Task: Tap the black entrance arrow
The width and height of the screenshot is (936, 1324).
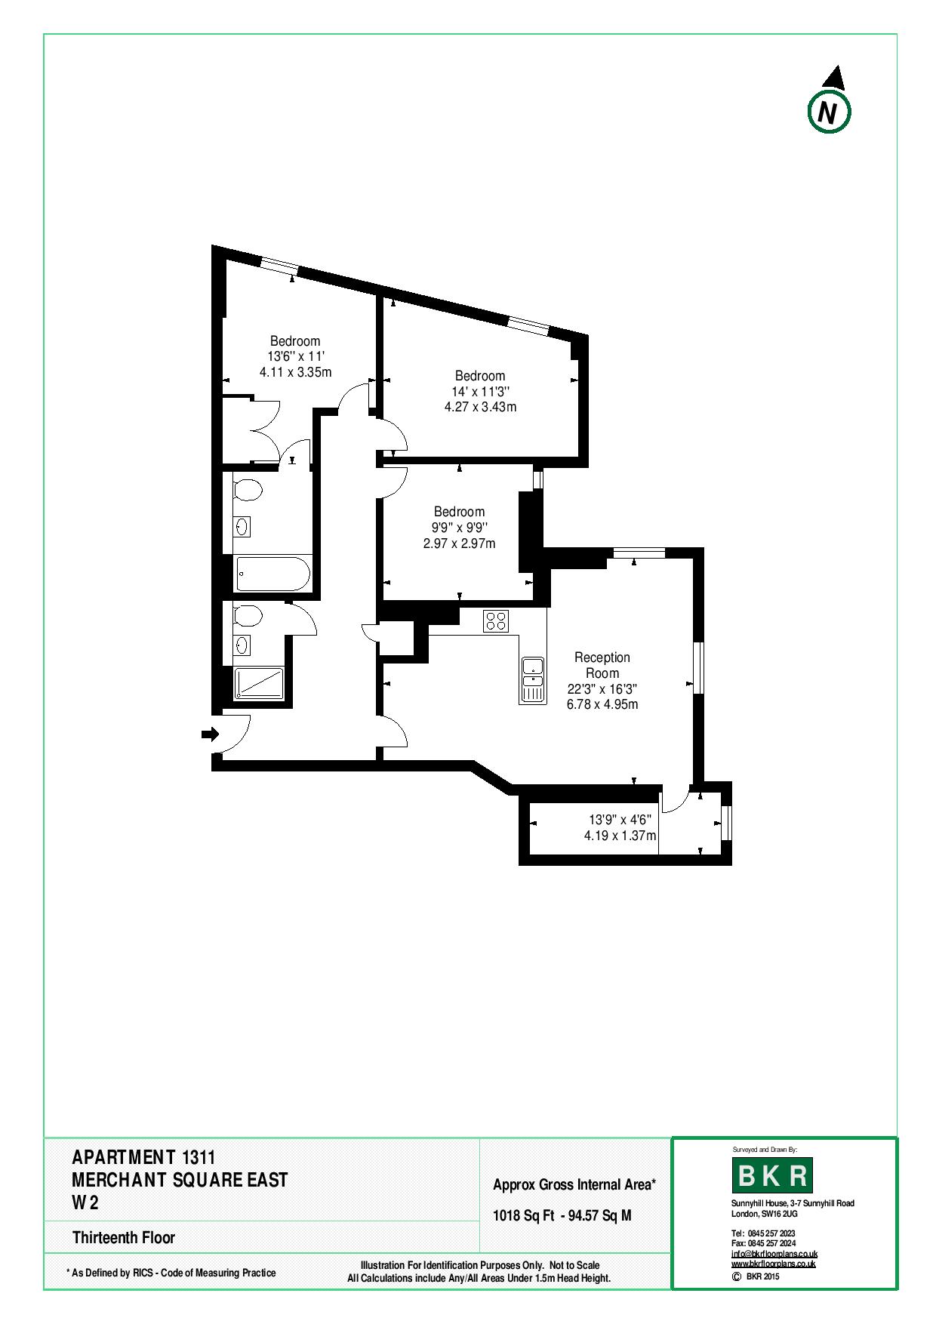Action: coord(210,734)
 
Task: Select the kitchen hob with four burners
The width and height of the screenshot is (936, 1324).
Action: coord(496,621)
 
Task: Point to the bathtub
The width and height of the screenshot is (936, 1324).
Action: coord(272,574)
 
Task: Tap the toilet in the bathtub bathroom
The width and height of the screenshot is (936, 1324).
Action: coord(248,491)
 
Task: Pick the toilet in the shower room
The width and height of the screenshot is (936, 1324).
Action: coord(248,617)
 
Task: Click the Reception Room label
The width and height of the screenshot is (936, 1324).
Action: coord(602,665)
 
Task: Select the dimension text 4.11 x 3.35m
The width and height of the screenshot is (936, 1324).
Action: coord(296,372)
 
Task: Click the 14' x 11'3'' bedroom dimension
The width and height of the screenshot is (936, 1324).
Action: coord(481,391)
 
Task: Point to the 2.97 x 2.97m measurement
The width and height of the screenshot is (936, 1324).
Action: coord(460,543)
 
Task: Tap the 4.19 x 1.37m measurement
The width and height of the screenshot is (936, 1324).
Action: coord(620,836)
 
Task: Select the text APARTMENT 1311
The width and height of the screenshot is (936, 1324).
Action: coord(144,1157)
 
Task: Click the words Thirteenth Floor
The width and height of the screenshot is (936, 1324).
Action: coord(124,1237)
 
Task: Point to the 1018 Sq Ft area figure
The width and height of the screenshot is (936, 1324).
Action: coord(524,1216)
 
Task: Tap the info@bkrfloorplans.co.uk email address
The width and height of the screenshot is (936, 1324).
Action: coord(774,1254)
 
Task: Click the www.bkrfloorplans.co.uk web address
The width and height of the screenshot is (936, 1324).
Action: coord(774,1263)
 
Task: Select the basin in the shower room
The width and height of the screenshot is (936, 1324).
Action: coord(242,645)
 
